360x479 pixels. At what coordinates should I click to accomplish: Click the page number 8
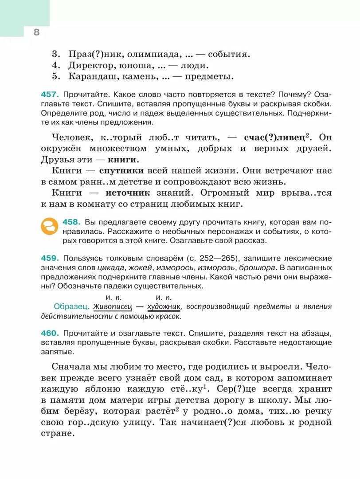pyautogui.click(x=36, y=31)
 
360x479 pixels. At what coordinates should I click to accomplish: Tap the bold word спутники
pyautogui.click(x=121, y=170)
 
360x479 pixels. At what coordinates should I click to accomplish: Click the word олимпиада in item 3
pyautogui.click(x=150, y=55)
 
